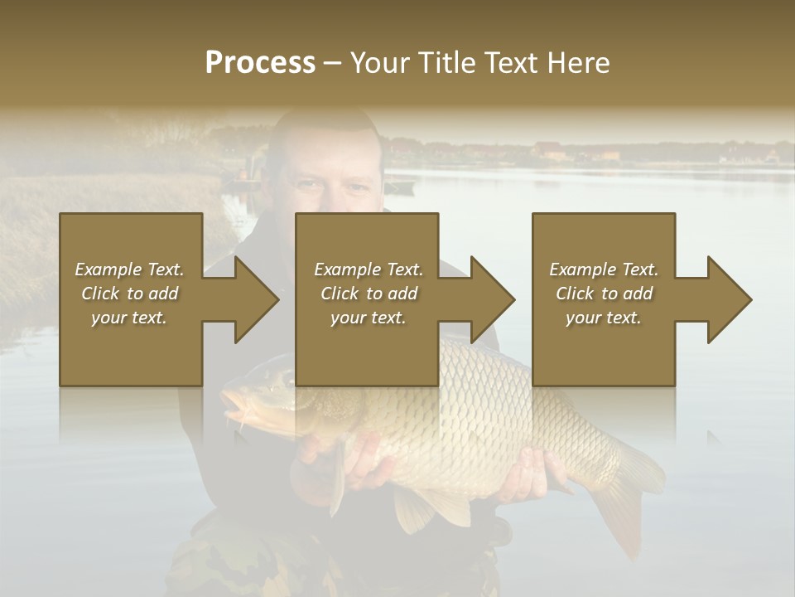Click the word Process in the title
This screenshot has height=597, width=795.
point(260,63)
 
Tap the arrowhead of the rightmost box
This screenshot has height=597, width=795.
point(728,299)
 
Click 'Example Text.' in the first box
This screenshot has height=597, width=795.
point(129,269)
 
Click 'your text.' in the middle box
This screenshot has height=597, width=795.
point(368,318)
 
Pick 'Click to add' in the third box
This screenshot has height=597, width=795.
point(605,294)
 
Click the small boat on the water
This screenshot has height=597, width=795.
point(399,187)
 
